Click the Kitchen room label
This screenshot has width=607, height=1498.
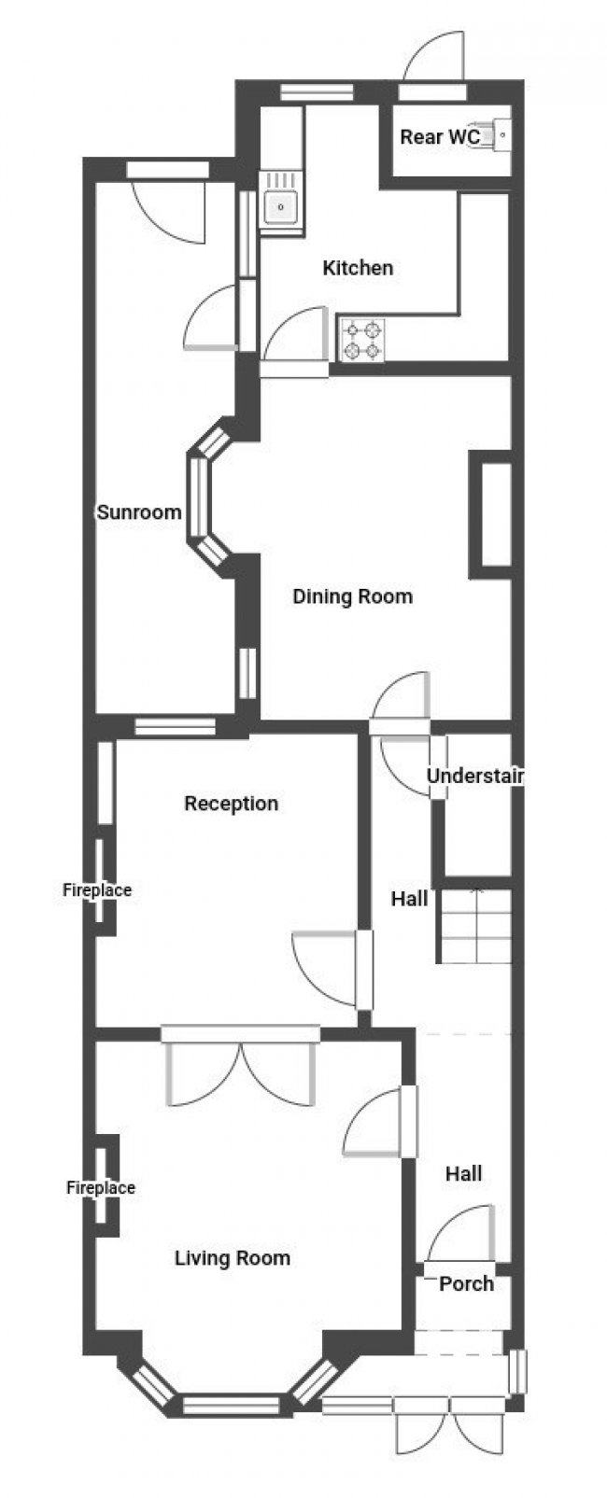pyautogui.click(x=358, y=268)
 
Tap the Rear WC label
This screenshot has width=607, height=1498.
pyautogui.click(x=439, y=137)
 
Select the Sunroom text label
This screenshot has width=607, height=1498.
pyautogui.click(x=139, y=511)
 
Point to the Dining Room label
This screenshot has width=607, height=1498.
pyautogui.click(x=352, y=596)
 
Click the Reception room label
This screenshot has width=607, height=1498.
pyautogui.click(x=231, y=803)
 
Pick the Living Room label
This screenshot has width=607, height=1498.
pyautogui.click(x=233, y=1257)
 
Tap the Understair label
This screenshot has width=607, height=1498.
pyautogui.click(x=475, y=776)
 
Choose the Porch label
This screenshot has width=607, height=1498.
pyautogui.click(x=466, y=1283)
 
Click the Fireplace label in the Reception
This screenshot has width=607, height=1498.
pyautogui.click(x=97, y=890)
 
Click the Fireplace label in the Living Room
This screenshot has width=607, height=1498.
pyautogui.click(x=101, y=1187)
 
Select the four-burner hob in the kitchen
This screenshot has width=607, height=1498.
pyautogui.click(x=363, y=340)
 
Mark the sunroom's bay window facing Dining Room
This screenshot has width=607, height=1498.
pyautogui.click(x=206, y=497)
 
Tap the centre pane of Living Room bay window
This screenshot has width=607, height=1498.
pyautogui.click(x=231, y=1404)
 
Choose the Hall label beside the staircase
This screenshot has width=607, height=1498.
pyautogui.click(x=409, y=898)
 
